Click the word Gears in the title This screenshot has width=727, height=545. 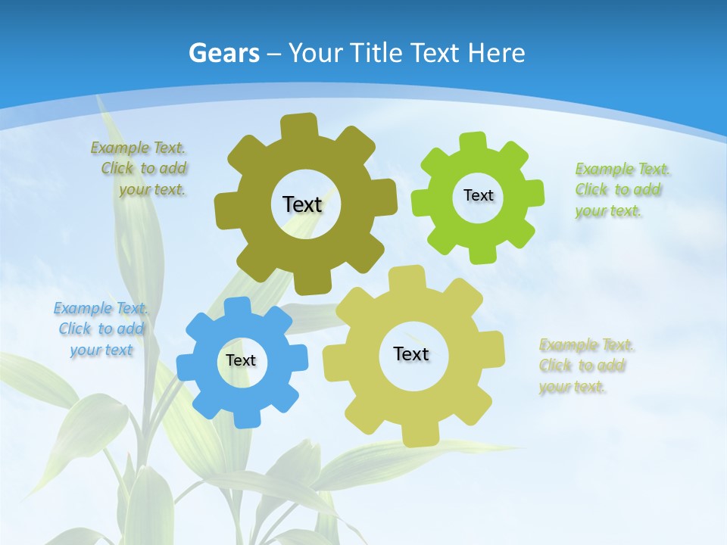click(224, 53)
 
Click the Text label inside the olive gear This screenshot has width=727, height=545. click(302, 204)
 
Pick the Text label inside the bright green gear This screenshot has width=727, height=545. click(478, 195)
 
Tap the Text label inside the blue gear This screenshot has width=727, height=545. click(241, 361)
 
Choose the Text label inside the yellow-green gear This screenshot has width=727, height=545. click(411, 353)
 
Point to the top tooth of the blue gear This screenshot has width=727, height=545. click(237, 306)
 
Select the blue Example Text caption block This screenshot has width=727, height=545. click(101, 329)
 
